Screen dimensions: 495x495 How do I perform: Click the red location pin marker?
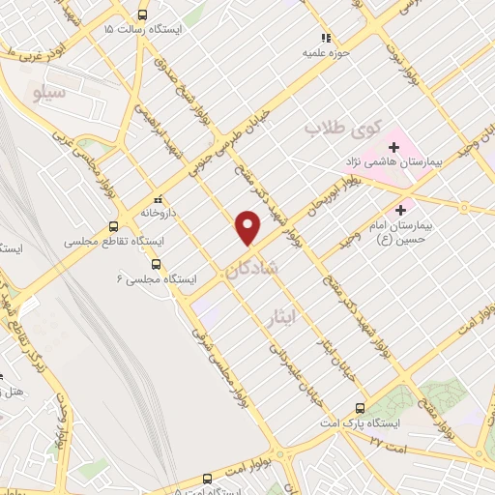tap(248, 227)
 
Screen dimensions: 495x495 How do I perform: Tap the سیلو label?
tap(47, 94)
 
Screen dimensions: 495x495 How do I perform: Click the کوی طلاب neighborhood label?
tap(344, 126)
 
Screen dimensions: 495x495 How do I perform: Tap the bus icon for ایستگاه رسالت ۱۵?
tap(143, 15)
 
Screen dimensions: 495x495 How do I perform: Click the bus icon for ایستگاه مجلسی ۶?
tap(156, 264)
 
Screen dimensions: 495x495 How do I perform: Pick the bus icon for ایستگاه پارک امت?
tap(360, 408)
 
